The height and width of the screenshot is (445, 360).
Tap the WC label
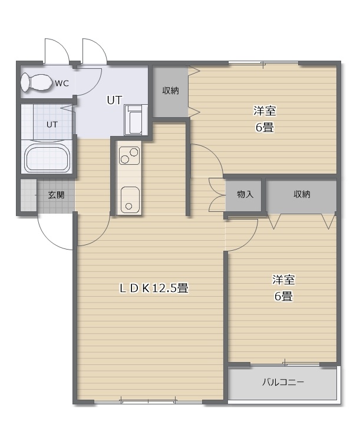click(62, 84)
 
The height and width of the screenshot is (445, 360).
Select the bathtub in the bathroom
click(47, 159)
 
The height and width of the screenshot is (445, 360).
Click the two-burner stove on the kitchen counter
click(129, 155)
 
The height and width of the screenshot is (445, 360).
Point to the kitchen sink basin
click(130, 200)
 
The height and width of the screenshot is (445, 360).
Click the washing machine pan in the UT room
click(133, 119)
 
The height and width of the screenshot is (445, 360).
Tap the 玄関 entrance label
click(56, 195)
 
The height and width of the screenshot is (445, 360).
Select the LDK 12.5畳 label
click(154, 288)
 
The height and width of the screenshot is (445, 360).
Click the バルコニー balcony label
click(283, 382)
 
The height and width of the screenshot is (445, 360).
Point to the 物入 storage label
click(245, 194)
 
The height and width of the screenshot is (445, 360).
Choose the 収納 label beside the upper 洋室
click(170, 91)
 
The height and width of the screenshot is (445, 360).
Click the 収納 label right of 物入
click(302, 194)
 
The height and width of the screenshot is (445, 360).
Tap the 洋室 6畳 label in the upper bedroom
click(265, 119)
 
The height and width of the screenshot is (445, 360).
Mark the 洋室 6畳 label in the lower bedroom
click(283, 288)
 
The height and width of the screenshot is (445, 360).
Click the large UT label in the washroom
click(114, 100)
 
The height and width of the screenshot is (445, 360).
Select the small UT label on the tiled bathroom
click(52, 124)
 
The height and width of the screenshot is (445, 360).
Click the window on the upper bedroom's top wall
click(263, 63)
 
